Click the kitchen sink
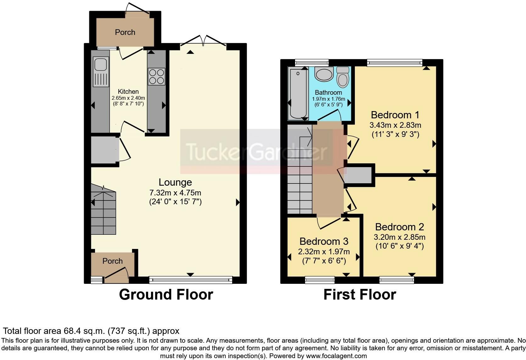pos(101,72)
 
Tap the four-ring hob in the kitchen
pos(156,76)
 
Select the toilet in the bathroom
pos(343,77)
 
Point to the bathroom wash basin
pos(324,74)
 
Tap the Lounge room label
pos(175,182)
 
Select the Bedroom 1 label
pos(395,115)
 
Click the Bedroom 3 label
pos(324,241)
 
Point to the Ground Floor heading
pos(166,295)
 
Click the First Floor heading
pos(360,295)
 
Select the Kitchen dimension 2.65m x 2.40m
pos(128,98)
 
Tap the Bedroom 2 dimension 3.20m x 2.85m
pos(400,237)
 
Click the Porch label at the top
pos(125,32)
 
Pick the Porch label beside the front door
pos(113,261)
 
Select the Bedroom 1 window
pos(395,63)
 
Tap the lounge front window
pos(191,280)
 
